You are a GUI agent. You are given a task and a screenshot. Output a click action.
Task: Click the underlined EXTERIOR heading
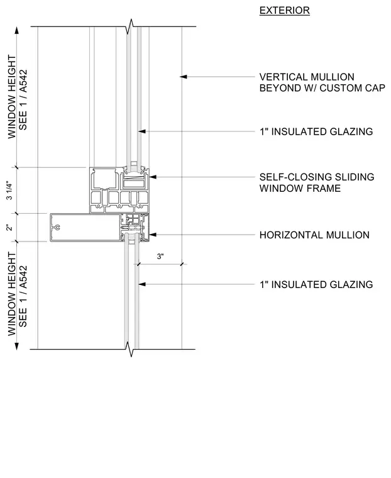tap(284, 10)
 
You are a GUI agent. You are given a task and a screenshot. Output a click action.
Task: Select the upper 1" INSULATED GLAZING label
tap(316, 131)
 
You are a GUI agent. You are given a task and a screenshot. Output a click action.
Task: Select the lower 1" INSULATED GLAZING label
tap(316, 285)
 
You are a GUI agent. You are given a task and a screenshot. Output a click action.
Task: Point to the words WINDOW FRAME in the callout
tap(300, 189)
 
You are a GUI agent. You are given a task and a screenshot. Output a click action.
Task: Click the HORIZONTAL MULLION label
tap(314, 235)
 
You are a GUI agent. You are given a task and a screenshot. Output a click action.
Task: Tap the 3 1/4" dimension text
tap(9, 191)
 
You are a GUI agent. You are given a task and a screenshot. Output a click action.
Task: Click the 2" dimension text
tap(9, 228)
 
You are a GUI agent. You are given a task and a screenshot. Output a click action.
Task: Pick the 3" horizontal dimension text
tap(160, 257)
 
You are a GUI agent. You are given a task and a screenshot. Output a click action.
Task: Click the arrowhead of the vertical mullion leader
tap(183, 77)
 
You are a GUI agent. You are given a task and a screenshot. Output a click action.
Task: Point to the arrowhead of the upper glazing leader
tap(142, 131)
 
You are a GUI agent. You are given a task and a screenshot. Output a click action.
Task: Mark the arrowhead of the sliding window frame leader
tap(153, 177)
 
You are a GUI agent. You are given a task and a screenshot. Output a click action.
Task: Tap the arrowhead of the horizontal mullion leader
tap(153, 235)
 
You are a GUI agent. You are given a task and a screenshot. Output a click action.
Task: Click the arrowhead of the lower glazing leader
tap(142, 284)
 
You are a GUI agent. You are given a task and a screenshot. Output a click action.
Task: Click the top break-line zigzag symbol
tap(131, 26)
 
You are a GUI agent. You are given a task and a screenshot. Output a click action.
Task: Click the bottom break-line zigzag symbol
tap(131, 349)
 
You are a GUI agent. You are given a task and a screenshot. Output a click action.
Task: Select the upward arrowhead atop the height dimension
tap(17, 30)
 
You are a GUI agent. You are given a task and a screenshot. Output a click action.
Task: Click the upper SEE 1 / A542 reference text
tap(23, 100)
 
